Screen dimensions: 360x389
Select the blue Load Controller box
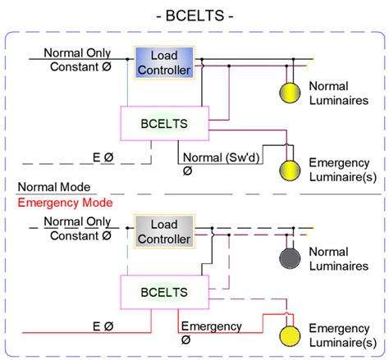pos(164,63)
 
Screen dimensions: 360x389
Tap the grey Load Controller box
pos(164,232)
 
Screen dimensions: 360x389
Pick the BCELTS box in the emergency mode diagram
pos(164,291)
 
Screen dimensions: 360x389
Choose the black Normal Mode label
pos(58,188)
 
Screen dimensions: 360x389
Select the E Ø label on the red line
pos(103,326)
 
